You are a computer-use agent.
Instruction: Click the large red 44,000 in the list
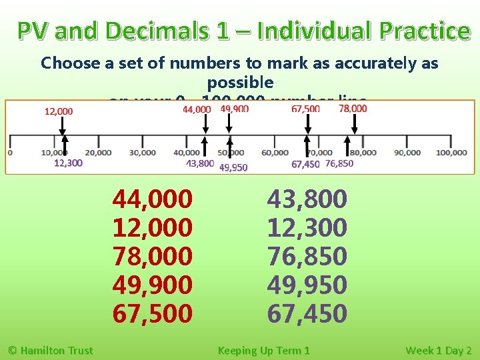(x=152, y=199)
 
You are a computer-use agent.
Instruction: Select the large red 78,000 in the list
(x=152, y=256)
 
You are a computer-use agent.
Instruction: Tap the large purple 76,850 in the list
(x=307, y=256)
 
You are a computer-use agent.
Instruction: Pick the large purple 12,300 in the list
(x=307, y=227)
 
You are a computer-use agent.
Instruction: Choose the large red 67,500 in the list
(x=152, y=313)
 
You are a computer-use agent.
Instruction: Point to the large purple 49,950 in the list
(x=307, y=285)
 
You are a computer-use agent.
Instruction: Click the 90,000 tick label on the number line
(x=407, y=153)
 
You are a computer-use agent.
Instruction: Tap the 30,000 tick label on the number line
(x=142, y=153)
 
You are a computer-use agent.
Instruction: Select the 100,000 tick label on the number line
(x=451, y=153)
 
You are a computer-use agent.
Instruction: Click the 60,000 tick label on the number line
(x=275, y=153)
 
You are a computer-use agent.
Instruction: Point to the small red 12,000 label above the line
(x=59, y=111)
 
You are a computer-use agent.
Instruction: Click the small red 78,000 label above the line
(x=353, y=109)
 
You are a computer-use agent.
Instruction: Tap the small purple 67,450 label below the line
(x=305, y=165)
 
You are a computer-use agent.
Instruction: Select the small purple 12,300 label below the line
(x=68, y=163)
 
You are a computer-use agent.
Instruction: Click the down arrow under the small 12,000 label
(x=61, y=125)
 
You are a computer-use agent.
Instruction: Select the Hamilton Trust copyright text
(x=50, y=350)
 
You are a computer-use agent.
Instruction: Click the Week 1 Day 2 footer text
(x=438, y=350)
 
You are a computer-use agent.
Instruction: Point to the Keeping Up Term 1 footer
(x=263, y=350)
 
